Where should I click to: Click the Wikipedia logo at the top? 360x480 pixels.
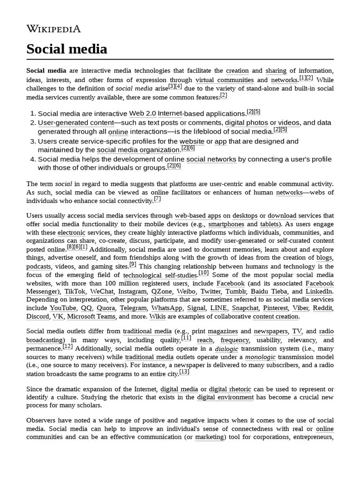[53, 29]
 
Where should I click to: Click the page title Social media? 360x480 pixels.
[67, 49]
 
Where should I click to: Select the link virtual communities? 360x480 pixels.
[225, 80]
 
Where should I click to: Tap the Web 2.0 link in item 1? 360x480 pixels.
[142, 113]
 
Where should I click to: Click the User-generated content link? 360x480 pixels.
[76, 123]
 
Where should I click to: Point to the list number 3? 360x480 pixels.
[33, 141]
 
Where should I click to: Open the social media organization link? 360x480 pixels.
[138, 150]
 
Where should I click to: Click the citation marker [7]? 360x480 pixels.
[157, 199]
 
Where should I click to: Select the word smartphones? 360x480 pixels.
[226, 224]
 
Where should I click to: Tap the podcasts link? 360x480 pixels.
[38, 266]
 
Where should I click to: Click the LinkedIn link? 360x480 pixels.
[319, 292]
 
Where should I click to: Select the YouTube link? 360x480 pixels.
[63, 308]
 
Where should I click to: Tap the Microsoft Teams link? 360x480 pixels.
[91, 316]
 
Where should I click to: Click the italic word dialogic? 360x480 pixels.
[226, 349]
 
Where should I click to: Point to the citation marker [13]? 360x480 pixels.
[184, 372]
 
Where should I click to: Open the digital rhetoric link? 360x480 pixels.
[230, 390]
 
